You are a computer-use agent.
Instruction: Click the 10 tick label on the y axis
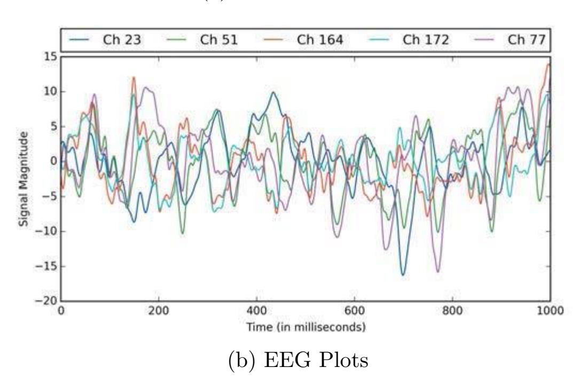52,92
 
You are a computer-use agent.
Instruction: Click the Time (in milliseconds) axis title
305,327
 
